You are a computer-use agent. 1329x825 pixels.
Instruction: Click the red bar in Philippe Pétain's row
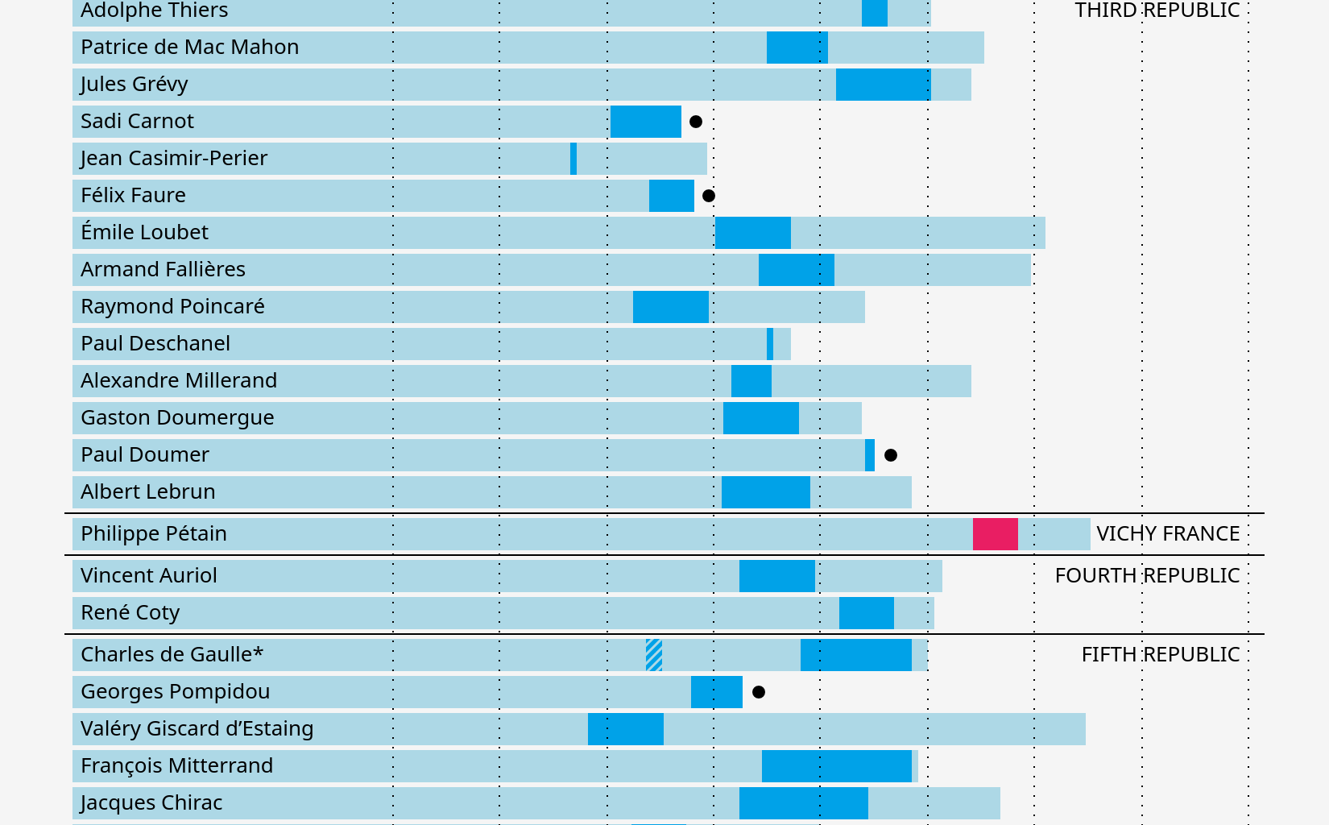(x=995, y=534)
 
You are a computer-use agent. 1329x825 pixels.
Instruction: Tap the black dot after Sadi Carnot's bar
(x=696, y=122)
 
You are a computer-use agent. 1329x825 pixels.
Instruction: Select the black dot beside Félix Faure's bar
(x=709, y=196)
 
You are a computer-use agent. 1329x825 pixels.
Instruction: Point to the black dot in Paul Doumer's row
(x=891, y=455)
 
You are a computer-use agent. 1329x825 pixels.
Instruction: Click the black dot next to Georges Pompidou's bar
(x=759, y=692)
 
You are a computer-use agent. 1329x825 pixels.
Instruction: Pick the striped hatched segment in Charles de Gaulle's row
(x=654, y=655)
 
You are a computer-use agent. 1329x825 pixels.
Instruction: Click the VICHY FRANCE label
(x=1168, y=534)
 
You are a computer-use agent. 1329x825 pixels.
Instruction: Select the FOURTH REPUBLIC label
(x=1147, y=576)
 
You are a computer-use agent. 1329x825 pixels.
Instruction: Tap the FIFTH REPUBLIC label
(x=1160, y=655)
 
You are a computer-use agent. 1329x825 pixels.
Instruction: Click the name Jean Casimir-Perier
(x=174, y=159)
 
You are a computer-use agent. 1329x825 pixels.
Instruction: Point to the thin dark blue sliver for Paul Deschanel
(x=770, y=344)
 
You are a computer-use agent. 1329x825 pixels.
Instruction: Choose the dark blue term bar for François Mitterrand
(x=836, y=766)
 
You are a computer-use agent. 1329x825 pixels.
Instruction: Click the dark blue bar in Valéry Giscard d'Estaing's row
(x=626, y=729)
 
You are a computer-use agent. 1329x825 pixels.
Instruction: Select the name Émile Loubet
(x=145, y=233)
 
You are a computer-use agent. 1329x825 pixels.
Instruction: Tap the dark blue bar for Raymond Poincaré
(x=671, y=307)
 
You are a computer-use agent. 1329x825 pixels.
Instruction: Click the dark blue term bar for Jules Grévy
(x=883, y=85)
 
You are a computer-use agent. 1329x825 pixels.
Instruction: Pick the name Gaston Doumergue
(x=177, y=418)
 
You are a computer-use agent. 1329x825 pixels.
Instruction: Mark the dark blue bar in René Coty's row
(x=867, y=613)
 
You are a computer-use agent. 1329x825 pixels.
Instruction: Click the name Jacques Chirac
(x=151, y=803)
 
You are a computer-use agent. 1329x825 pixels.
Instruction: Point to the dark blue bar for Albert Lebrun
(x=765, y=492)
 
